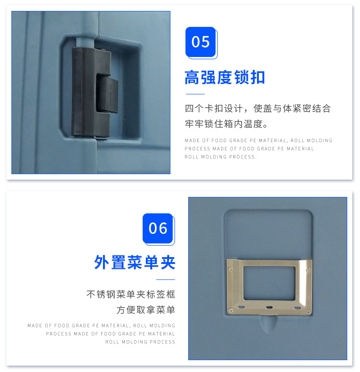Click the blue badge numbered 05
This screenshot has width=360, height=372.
pyautogui.click(x=201, y=42)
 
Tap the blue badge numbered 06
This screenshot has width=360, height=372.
pyautogui.click(x=158, y=228)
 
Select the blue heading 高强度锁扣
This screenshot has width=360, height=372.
pyautogui.click(x=225, y=78)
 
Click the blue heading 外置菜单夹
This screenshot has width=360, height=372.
pyautogui.click(x=135, y=263)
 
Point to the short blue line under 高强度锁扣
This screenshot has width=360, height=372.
pyautogui.click(x=195, y=94)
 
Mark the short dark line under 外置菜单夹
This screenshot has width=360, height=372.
pyautogui.click(x=166, y=279)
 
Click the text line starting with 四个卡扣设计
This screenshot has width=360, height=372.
pyautogui.click(x=257, y=108)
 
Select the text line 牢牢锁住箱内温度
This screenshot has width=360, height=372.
pyautogui.click(x=226, y=124)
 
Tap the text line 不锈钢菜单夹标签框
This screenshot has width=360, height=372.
pyautogui.click(x=131, y=294)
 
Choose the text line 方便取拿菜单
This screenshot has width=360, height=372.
pyautogui.click(x=146, y=310)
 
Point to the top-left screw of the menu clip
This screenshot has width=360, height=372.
pyautogui.click(x=231, y=269)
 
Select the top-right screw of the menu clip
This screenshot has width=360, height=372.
pyautogui.click(x=309, y=270)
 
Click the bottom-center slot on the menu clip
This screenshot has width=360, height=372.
pyautogui.click(x=269, y=308)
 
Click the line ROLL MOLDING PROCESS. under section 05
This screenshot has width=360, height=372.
pyautogui.click(x=221, y=157)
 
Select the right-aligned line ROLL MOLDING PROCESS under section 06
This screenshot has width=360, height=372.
pyautogui.click(x=140, y=342)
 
